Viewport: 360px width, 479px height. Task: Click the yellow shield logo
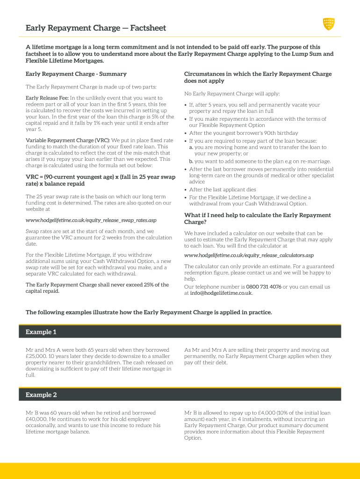click(329, 23)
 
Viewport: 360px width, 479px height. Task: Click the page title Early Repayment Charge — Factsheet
click(95, 28)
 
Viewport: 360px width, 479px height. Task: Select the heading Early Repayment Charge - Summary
click(76, 74)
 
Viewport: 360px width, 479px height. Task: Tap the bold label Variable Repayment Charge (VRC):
click(68, 140)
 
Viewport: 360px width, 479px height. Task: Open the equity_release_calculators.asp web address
click(249, 255)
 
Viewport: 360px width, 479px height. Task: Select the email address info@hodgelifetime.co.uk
click(221, 293)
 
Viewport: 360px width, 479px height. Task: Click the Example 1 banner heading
click(41, 332)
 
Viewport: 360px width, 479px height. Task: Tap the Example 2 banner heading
click(41, 395)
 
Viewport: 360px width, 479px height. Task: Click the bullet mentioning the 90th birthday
click(243, 133)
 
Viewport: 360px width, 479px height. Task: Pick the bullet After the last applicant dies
click(223, 189)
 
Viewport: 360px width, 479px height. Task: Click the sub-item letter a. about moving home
click(191, 147)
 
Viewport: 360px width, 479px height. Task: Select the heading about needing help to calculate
click(257, 218)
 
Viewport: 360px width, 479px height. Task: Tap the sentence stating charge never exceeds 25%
click(97, 288)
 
